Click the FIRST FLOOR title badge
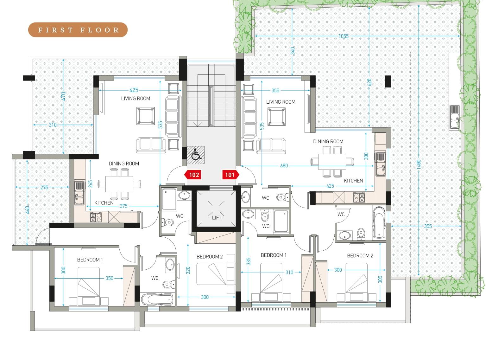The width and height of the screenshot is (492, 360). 78,30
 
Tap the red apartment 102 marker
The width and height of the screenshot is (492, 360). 193,175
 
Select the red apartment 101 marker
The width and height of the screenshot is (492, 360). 230,175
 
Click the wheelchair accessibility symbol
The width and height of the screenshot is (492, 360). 196,155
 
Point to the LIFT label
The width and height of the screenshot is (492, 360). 217,218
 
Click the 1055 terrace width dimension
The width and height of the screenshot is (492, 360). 344,36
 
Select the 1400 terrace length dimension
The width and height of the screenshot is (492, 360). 419,164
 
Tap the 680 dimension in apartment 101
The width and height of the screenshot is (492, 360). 284,166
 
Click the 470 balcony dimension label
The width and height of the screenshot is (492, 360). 63,96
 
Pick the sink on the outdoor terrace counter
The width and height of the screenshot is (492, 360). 454,117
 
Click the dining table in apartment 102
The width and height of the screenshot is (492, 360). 119,184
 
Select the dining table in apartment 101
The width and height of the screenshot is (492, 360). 332,162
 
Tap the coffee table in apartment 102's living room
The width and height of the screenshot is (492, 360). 145,116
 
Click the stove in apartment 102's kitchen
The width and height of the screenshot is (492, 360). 96,217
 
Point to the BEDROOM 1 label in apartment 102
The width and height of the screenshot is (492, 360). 90,260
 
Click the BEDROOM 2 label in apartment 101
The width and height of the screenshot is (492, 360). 360,255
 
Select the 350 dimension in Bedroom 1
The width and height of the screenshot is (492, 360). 109,278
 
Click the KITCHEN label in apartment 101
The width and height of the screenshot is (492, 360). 353,181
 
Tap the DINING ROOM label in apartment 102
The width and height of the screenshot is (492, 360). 124,164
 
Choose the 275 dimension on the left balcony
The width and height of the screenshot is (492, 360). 44,187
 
